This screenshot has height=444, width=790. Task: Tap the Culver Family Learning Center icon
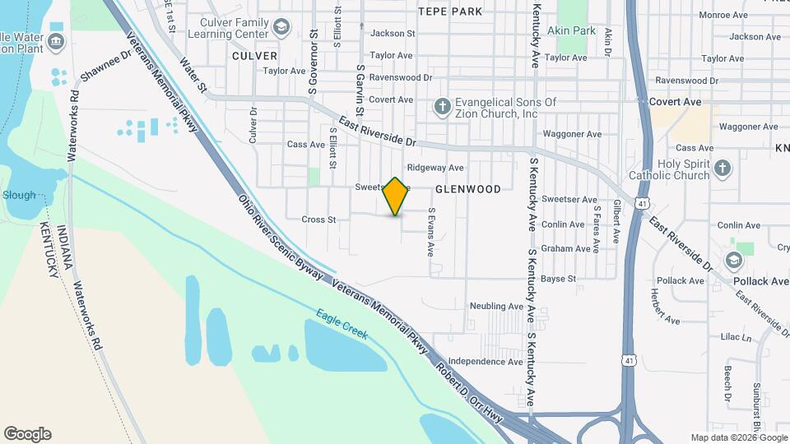282,28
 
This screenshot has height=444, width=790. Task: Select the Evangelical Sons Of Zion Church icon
443,107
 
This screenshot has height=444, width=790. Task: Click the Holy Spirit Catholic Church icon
723,168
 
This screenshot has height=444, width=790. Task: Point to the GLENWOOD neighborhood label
467,189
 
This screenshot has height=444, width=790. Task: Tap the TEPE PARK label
450,12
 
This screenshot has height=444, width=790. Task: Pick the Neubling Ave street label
496,307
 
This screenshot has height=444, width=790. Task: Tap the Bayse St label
558,280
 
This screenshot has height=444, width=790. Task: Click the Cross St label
319,220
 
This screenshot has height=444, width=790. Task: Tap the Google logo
27,434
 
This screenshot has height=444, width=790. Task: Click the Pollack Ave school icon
732,261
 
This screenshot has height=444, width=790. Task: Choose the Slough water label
20,196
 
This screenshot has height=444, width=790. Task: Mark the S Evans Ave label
430,231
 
